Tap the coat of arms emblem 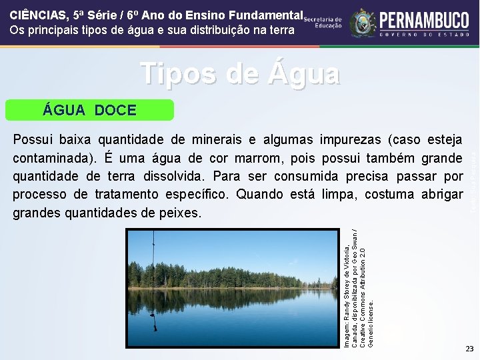coord(363,23)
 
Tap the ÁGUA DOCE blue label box coord(89,110)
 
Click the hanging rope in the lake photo coord(154,280)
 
